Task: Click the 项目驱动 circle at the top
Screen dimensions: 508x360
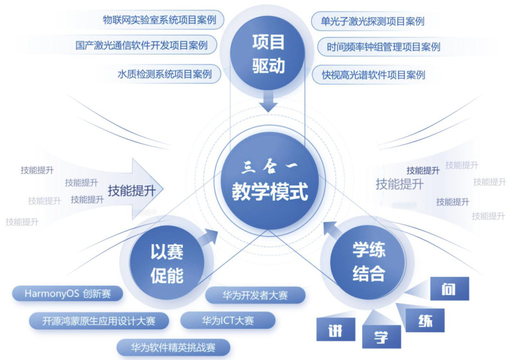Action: click(x=268, y=54)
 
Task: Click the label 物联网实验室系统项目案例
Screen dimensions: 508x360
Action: click(x=159, y=21)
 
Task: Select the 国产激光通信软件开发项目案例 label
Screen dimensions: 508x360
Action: click(x=141, y=46)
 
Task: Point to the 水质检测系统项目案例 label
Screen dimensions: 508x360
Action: click(x=164, y=74)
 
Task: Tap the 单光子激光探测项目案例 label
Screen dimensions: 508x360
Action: click(x=373, y=21)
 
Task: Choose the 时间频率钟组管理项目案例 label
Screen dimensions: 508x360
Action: click(x=383, y=47)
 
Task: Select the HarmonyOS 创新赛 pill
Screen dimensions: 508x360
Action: click(x=68, y=293)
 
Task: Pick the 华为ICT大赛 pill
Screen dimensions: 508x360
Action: click(x=228, y=320)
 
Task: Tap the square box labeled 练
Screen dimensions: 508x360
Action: click(x=426, y=320)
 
